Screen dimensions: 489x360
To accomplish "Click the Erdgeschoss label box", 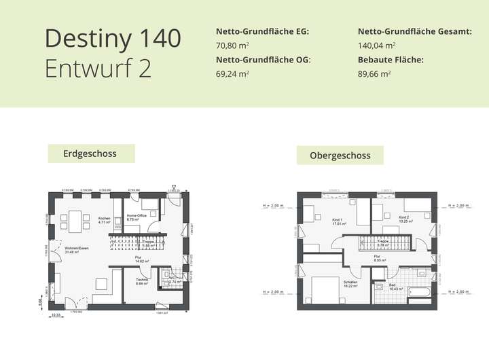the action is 90,154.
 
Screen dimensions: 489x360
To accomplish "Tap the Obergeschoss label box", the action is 340,155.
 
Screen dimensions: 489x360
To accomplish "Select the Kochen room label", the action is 104,219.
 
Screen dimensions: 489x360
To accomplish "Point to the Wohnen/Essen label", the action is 76,250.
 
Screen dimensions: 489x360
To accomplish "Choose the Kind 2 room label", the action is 405,219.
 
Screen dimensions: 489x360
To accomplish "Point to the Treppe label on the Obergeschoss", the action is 382,242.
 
